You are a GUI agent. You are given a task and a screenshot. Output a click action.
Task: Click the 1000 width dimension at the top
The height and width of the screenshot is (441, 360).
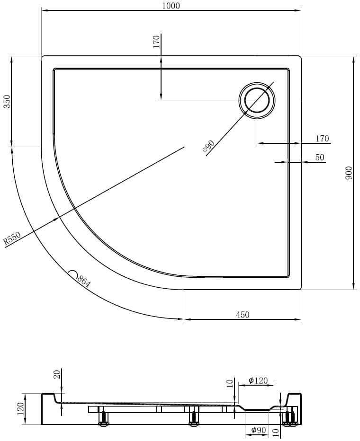click(171, 6)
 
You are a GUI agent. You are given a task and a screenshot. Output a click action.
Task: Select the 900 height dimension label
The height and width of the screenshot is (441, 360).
click(349, 173)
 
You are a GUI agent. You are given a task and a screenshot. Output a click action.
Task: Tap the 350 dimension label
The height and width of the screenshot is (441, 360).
click(7, 102)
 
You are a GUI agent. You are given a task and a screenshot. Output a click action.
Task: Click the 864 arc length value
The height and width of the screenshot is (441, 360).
click(83, 282)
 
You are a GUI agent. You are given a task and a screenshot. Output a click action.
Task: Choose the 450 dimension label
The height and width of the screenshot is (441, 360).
click(243, 314)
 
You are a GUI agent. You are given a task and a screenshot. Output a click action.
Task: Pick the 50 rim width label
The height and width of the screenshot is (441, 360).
click(320, 157)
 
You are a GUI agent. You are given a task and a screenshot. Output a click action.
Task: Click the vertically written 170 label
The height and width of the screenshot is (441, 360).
click(156, 41)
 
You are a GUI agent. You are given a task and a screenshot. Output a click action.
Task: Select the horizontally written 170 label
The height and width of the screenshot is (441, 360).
click(322, 138)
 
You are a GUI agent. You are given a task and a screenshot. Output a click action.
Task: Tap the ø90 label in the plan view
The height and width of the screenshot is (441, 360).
click(208, 146)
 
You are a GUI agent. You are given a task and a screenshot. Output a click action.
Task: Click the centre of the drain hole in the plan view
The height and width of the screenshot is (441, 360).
click(257, 100)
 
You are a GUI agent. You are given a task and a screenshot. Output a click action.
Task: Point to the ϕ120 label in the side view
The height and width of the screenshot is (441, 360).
click(258, 380)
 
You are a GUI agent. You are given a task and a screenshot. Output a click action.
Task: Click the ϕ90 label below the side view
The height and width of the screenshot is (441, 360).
click(258, 430)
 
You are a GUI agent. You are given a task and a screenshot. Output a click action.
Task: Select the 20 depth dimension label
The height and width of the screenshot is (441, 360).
click(57, 374)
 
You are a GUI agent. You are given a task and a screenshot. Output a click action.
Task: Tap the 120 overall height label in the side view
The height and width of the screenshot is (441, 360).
click(20, 409)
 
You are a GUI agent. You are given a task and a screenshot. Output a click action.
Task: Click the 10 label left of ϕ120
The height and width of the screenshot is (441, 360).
click(230, 383)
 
